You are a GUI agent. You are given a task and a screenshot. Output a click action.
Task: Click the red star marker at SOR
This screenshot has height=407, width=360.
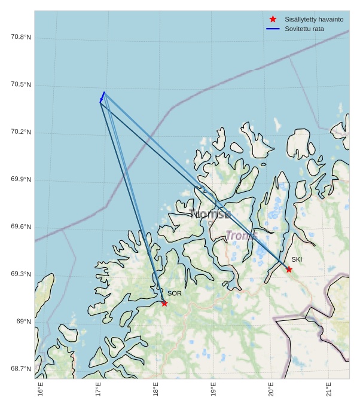tap(164, 303)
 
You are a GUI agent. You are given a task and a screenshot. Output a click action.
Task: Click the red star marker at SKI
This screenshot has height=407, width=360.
tap(289, 269)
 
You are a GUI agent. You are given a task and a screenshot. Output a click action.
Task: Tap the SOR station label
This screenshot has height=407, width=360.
tap(174, 293)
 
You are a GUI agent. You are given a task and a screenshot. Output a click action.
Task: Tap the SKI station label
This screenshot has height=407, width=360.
tap(297, 259)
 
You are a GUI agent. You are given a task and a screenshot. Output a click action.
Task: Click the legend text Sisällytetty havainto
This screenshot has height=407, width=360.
tap(314, 20)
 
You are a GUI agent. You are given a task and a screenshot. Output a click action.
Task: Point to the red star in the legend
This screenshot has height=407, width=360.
tap(273, 20)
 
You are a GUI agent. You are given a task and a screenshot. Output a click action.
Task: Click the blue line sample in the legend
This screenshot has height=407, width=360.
tap(273, 29)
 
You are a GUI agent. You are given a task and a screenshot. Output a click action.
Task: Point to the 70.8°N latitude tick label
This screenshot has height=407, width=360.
tap(21, 37)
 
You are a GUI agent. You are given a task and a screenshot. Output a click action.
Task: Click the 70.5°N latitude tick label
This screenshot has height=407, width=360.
tap(21, 85)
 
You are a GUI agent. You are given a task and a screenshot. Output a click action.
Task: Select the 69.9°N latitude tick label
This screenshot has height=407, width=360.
tap(21, 179)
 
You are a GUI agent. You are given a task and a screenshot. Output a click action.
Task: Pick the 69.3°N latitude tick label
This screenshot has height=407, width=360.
tap(21, 274)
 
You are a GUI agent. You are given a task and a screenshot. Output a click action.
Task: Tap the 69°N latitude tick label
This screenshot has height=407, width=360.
tap(24, 322)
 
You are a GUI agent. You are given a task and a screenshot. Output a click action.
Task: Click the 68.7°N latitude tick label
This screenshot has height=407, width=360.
tap(21, 369)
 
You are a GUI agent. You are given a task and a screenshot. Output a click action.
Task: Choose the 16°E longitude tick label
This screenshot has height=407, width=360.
tap(41, 388)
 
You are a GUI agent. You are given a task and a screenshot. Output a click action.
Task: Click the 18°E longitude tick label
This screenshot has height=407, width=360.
tap(156, 388)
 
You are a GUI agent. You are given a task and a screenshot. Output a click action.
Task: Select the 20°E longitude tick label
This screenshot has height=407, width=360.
tap(271, 388)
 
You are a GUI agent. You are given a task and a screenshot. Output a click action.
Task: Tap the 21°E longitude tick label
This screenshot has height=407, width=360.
tap(329, 388)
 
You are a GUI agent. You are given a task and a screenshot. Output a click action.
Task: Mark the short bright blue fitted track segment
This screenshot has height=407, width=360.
tap(102, 97)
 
